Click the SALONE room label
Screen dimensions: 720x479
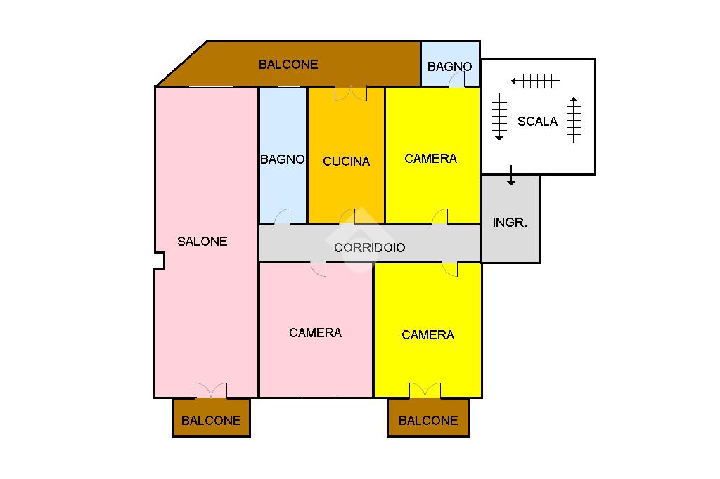coord(202,242)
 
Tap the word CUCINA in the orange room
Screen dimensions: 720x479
coord(346,162)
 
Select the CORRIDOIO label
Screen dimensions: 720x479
coord(369,248)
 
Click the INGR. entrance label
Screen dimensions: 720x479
coord(510,223)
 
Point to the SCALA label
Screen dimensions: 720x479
coord(537,122)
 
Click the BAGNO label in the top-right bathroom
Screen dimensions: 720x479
coord(450,67)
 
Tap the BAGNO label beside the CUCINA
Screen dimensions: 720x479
coord(283,159)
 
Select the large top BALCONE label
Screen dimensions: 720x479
coord(288,65)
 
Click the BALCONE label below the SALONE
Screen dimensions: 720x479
coord(211,421)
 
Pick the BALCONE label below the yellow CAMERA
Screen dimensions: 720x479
coord(428,421)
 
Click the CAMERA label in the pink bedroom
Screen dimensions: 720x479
coord(316,333)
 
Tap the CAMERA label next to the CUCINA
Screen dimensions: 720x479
coord(431,159)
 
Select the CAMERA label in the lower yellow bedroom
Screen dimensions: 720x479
coord(428,335)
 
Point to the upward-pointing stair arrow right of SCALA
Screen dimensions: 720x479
coord(574,119)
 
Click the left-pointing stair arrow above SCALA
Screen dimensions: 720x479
coord(535,81)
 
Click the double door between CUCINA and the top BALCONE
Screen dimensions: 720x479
coord(351,93)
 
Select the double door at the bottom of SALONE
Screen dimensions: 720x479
coord(211,391)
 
